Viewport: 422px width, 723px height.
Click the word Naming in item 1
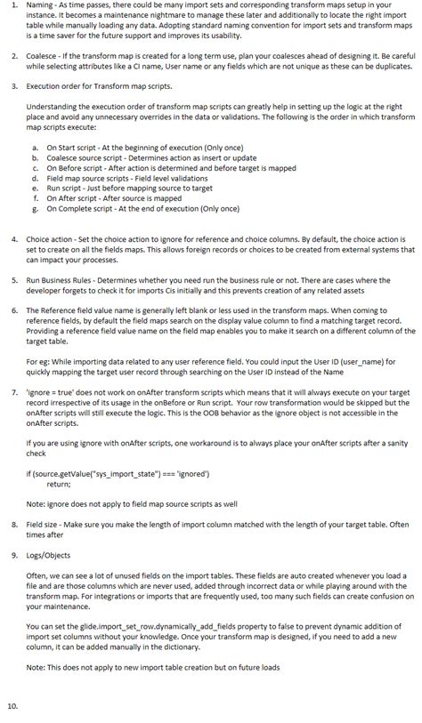(x=38, y=5)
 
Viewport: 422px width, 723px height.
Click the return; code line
(x=59, y=485)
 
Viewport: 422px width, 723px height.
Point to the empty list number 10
(x=12, y=707)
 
